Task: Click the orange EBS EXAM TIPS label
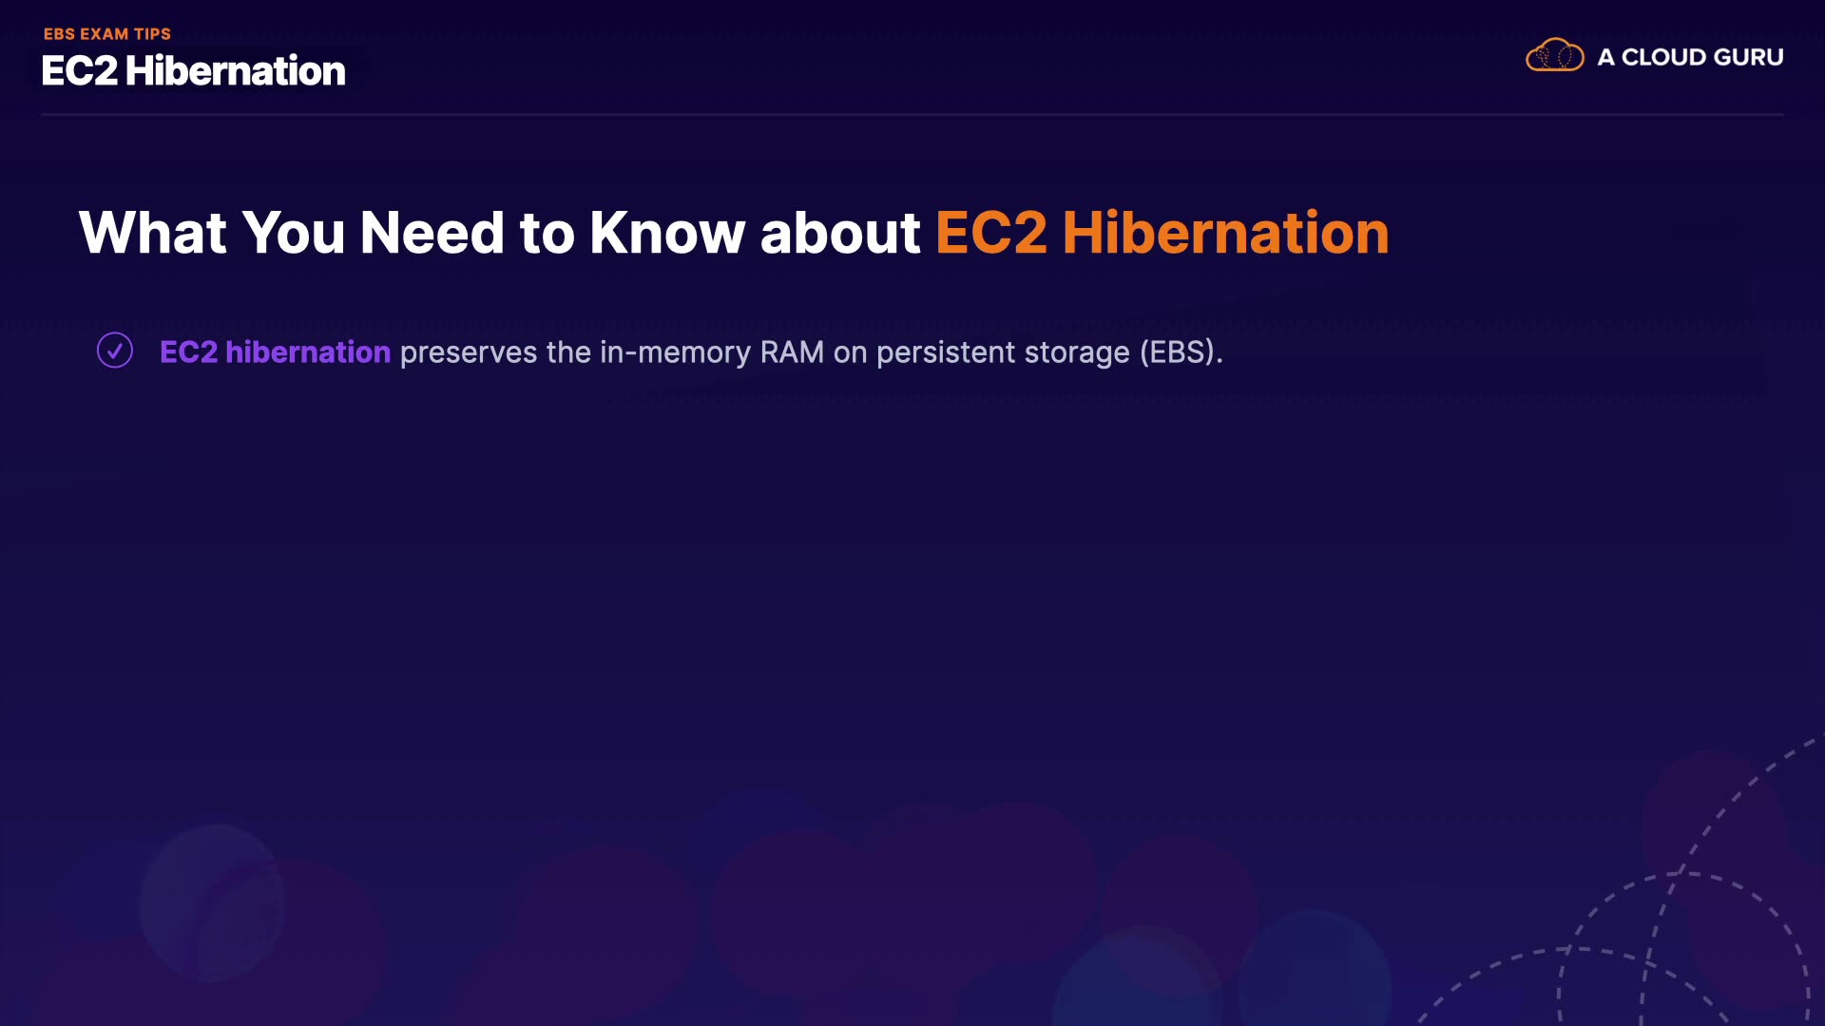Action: point(107,34)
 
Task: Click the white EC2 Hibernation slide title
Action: point(194,71)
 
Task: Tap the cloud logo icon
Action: point(1555,56)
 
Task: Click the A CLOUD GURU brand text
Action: point(1690,57)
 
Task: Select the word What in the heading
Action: point(153,233)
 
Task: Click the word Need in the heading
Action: point(432,233)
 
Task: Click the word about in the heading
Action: point(840,233)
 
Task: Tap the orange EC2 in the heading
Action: point(991,233)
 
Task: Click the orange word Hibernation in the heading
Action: point(1226,233)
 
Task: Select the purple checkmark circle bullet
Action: point(115,350)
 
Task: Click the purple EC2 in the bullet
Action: point(188,352)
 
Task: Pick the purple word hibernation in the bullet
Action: point(308,352)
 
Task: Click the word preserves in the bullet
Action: point(469,353)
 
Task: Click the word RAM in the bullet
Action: point(792,352)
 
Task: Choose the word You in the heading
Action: point(294,233)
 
